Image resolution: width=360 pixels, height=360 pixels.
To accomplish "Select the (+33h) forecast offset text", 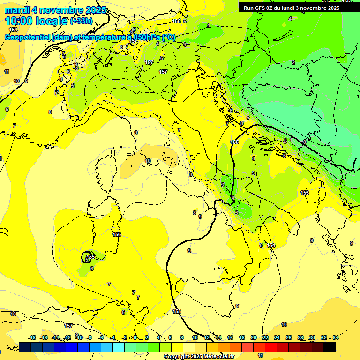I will [81, 21].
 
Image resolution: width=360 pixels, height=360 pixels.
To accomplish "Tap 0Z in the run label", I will [274, 7].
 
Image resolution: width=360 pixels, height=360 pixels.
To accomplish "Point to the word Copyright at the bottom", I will [177, 357].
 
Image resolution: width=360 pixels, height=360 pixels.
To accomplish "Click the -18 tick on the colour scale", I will [32, 337].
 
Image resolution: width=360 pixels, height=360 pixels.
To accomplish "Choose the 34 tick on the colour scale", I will [336, 337].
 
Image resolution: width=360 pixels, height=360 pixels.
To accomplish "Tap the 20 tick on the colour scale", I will [254, 337].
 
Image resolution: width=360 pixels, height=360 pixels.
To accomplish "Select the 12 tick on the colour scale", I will [207, 337].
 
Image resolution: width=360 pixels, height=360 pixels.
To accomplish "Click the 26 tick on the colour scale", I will [289, 337].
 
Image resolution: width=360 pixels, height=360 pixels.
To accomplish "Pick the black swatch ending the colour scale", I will [330, 347].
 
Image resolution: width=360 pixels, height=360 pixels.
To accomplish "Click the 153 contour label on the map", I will [305, 193].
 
